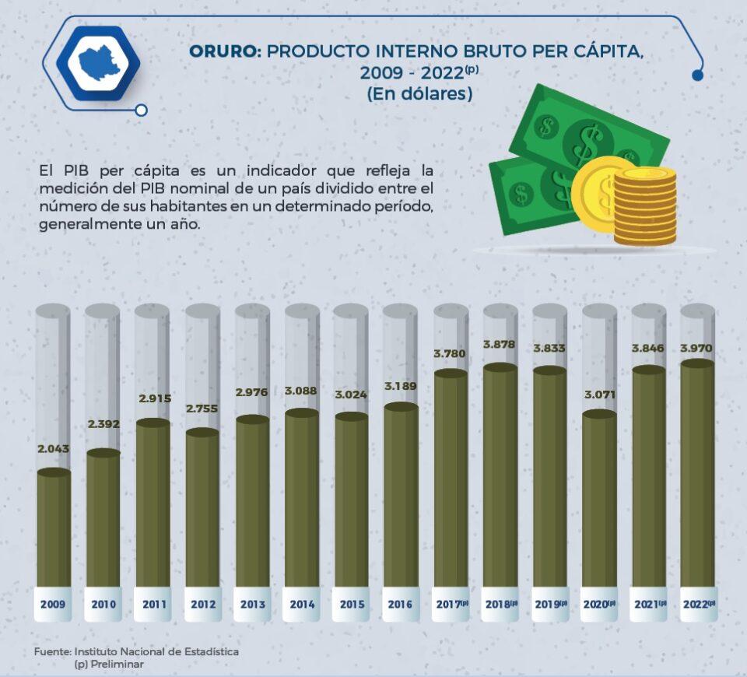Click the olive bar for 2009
click(54, 529)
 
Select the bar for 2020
click(599, 498)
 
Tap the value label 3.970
click(697, 347)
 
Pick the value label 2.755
click(202, 409)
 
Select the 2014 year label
click(301, 604)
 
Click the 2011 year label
click(152, 604)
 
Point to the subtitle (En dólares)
click(419, 93)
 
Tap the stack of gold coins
click(644, 206)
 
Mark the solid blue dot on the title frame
click(697, 75)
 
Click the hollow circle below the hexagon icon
click(141, 110)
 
